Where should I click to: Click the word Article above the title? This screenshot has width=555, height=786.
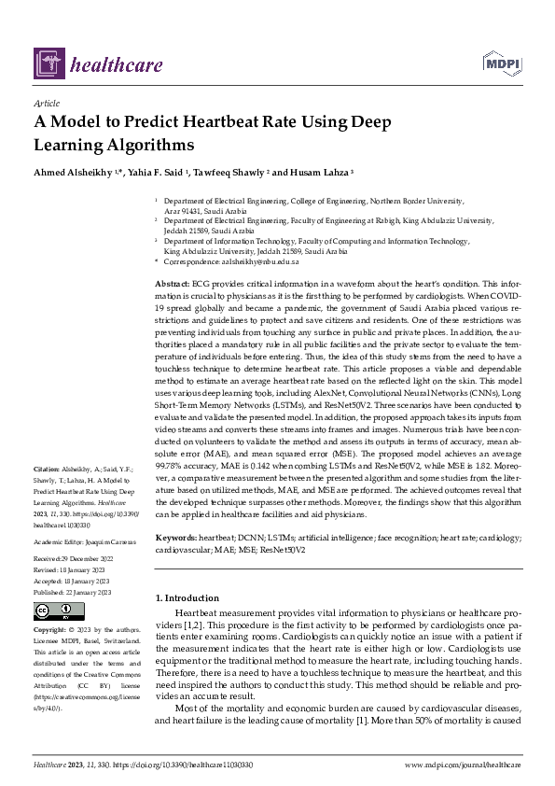(x=46, y=104)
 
